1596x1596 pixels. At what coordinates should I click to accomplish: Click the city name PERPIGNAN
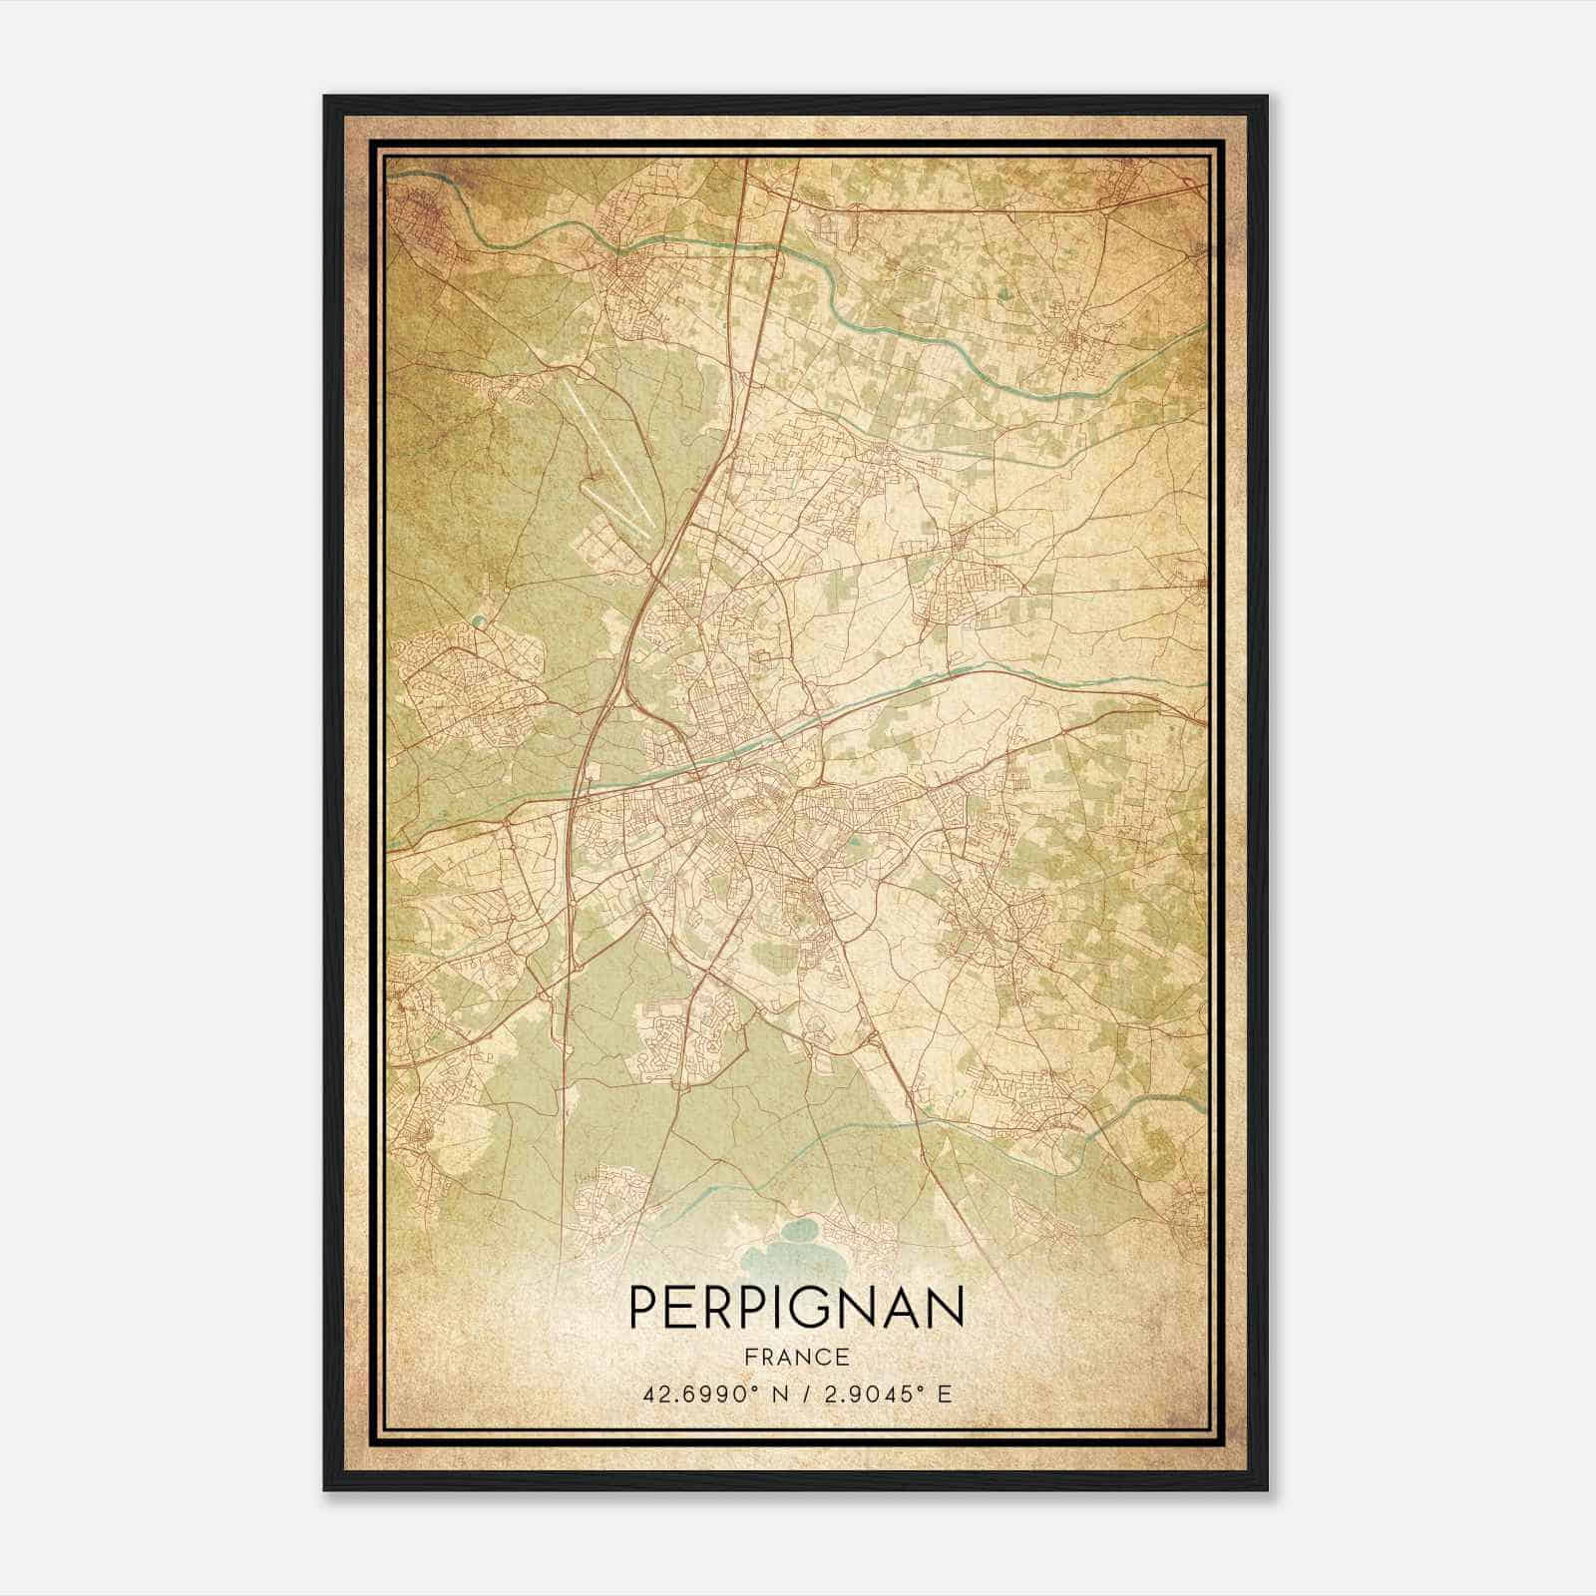pos(797,1307)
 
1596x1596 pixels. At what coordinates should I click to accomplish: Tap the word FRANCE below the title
pos(797,1358)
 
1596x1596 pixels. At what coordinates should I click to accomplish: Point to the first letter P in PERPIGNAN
pos(642,1307)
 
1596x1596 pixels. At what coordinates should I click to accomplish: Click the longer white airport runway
pos(607,454)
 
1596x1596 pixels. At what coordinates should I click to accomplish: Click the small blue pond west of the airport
pos(478,619)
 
